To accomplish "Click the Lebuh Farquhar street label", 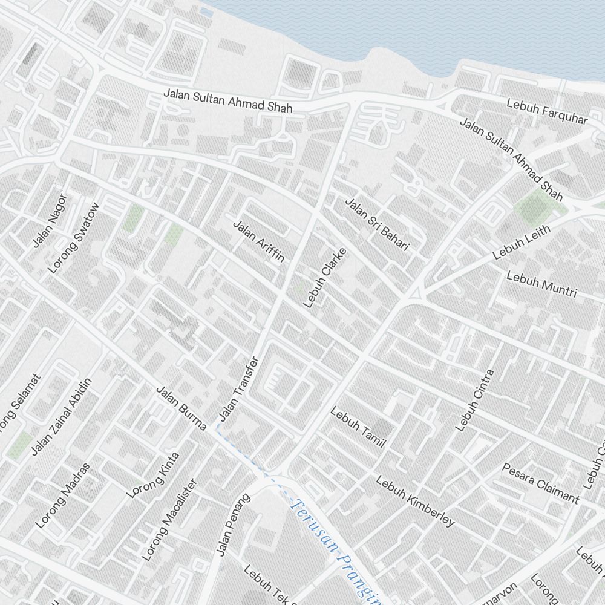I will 548,113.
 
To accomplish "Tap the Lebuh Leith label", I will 522,242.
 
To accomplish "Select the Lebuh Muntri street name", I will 541,284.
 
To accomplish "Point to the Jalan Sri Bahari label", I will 377,224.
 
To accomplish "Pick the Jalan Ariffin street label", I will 258,241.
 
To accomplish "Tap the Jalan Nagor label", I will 49,220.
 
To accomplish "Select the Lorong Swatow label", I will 73,238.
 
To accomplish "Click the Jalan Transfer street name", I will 238,389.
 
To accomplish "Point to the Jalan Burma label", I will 181,408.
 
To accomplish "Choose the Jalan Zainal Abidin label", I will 61,416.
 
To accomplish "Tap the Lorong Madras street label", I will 63,495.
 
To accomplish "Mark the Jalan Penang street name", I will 233,525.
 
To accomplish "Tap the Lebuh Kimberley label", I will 415,501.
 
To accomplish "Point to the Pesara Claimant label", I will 540,483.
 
